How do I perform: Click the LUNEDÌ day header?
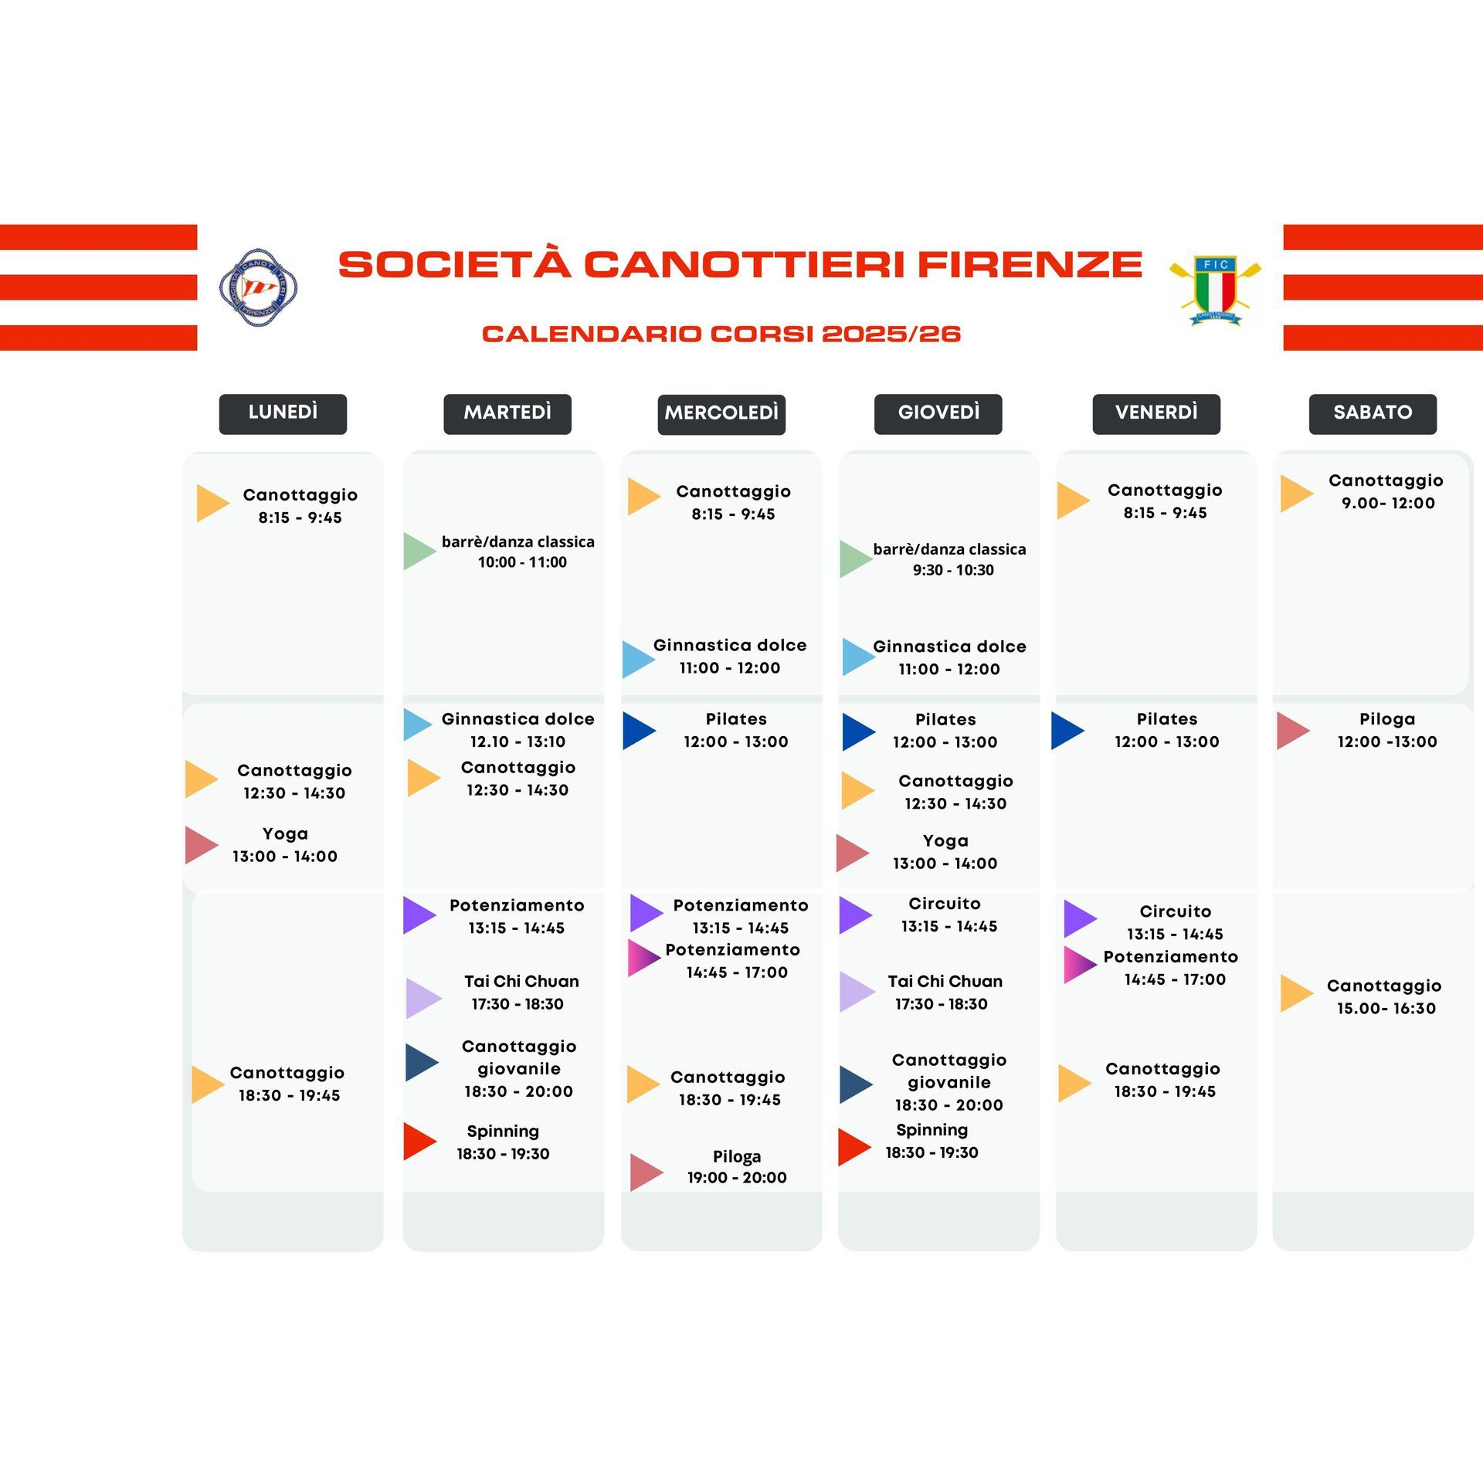point(283,414)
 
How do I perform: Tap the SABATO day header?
point(1373,414)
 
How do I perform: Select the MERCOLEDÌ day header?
point(721,415)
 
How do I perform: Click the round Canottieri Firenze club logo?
point(258,287)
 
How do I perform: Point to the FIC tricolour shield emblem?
point(1215,290)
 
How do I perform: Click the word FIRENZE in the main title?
point(1030,264)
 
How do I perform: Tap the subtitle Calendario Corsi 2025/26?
point(721,334)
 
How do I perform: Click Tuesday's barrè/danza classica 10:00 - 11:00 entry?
point(518,551)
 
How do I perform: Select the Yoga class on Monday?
point(285,844)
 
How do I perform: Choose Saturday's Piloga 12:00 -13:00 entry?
point(1387,730)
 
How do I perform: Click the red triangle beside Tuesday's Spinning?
point(420,1142)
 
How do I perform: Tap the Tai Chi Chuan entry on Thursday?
point(945,992)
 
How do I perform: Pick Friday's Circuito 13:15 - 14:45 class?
point(1175,922)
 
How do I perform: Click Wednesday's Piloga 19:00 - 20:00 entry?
point(737,1166)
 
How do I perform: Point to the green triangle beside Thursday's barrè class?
point(857,559)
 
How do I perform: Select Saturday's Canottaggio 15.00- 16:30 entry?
point(1385,996)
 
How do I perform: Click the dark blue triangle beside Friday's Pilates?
point(1068,731)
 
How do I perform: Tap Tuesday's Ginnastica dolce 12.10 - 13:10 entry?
point(518,730)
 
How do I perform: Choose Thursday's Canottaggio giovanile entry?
point(949,1081)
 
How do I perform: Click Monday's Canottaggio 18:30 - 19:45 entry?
point(287,1083)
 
